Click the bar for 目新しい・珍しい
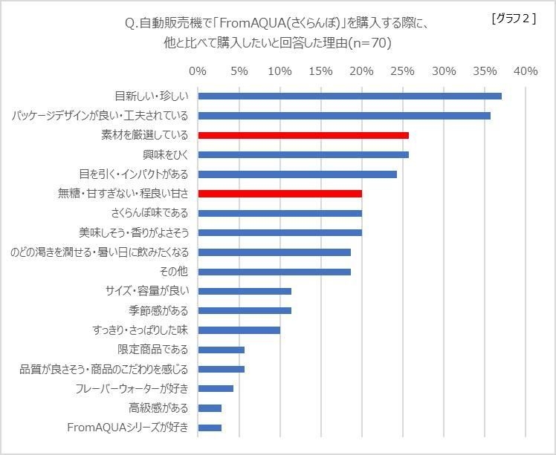[349, 96]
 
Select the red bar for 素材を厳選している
[303, 135]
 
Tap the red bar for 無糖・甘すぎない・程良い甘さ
[279, 193]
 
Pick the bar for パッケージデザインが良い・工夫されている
[344, 116]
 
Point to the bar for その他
[274, 272]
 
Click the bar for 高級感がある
[210, 407]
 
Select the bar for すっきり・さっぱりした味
[239, 330]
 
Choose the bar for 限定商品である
[221, 350]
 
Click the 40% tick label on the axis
[525, 71]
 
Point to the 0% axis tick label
[198, 71]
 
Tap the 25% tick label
[402, 71]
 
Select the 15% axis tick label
[320, 71]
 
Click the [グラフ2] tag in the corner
[514, 20]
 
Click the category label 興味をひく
[165, 155]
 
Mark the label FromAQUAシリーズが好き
[128, 427]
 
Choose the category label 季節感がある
[158, 310]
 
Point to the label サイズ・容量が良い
[148, 291]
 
